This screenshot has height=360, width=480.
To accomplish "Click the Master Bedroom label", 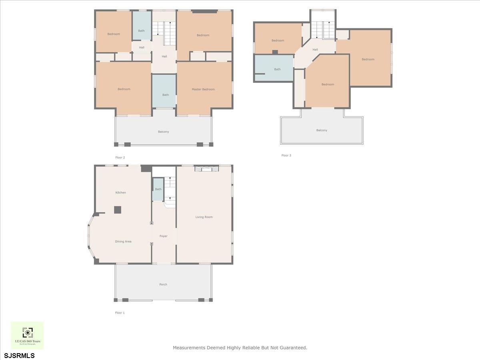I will tap(203, 89).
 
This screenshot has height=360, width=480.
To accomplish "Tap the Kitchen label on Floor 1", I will tap(120, 192).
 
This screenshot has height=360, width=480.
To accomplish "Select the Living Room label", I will tap(204, 217).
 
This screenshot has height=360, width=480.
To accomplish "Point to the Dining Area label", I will tap(123, 242).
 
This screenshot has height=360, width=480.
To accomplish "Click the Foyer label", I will tap(164, 236).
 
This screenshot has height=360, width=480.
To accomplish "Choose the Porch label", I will tap(163, 284).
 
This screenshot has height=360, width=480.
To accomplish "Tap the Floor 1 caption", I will tap(120, 313).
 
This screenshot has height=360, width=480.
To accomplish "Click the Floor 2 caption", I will tap(120, 158).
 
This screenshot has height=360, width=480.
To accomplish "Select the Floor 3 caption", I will tap(286, 155).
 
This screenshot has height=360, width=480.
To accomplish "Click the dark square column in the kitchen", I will tap(118, 210).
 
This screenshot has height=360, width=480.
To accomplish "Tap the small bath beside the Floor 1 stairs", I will tap(158, 189).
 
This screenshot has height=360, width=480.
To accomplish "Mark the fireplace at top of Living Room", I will tap(207, 169).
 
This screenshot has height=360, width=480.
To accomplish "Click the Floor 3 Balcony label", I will tap(322, 130).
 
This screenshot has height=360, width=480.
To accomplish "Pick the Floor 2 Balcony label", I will tap(163, 132).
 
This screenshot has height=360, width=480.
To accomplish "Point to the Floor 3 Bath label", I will tap(277, 69).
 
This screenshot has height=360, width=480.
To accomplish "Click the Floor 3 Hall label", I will tap(315, 50).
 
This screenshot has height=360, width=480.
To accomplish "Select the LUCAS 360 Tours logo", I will tap(27, 335).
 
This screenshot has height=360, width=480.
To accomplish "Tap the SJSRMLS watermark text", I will tap(19, 355).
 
